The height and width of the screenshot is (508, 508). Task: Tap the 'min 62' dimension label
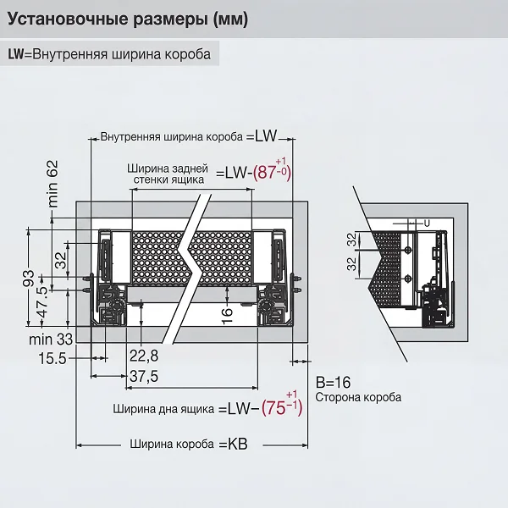(52, 184)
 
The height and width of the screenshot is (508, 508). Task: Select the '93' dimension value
(28, 279)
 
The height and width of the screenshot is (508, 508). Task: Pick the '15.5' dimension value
(52, 359)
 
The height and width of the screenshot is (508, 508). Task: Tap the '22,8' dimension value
(145, 354)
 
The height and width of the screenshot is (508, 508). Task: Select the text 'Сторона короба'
(357, 396)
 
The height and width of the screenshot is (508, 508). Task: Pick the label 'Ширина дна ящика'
(162, 408)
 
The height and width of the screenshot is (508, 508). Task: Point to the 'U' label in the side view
(427, 222)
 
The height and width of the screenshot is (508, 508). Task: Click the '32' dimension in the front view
(61, 260)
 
